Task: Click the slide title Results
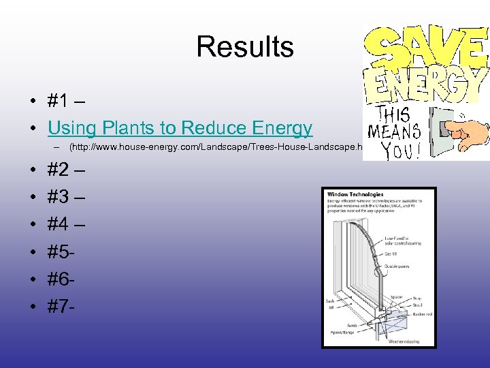(x=245, y=47)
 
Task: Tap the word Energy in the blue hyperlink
(x=282, y=127)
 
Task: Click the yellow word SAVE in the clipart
(x=425, y=47)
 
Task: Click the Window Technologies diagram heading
(x=355, y=195)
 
